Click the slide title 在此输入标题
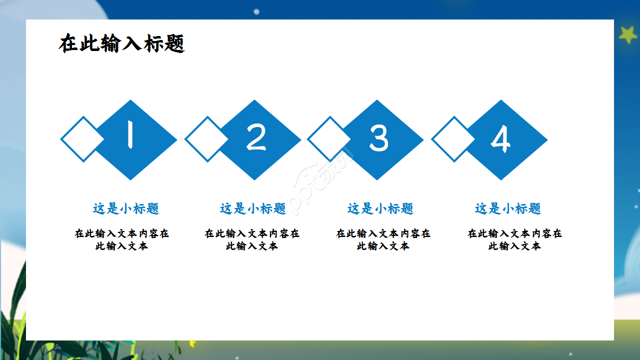(x=121, y=44)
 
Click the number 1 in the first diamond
(x=130, y=136)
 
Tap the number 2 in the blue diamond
(x=256, y=137)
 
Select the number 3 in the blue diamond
(x=378, y=138)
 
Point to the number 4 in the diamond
(x=500, y=138)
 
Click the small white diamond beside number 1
(x=82, y=139)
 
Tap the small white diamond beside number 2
(x=206, y=139)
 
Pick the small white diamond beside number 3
(x=329, y=139)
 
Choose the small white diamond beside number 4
(x=453, y=139)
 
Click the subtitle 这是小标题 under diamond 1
(x=126, y=208)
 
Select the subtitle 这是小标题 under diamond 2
(x=253, y=208)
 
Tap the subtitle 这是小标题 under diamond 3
(x=380, y=208)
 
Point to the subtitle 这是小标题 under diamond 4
(x=508, y=208)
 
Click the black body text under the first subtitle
(x=122, y=239)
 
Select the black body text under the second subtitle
(x=252, y=239)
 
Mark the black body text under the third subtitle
(x=383, y=239)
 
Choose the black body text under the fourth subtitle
(x=514, y=239)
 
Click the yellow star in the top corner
(x=627, y=34)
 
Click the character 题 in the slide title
(x=174, y=44)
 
